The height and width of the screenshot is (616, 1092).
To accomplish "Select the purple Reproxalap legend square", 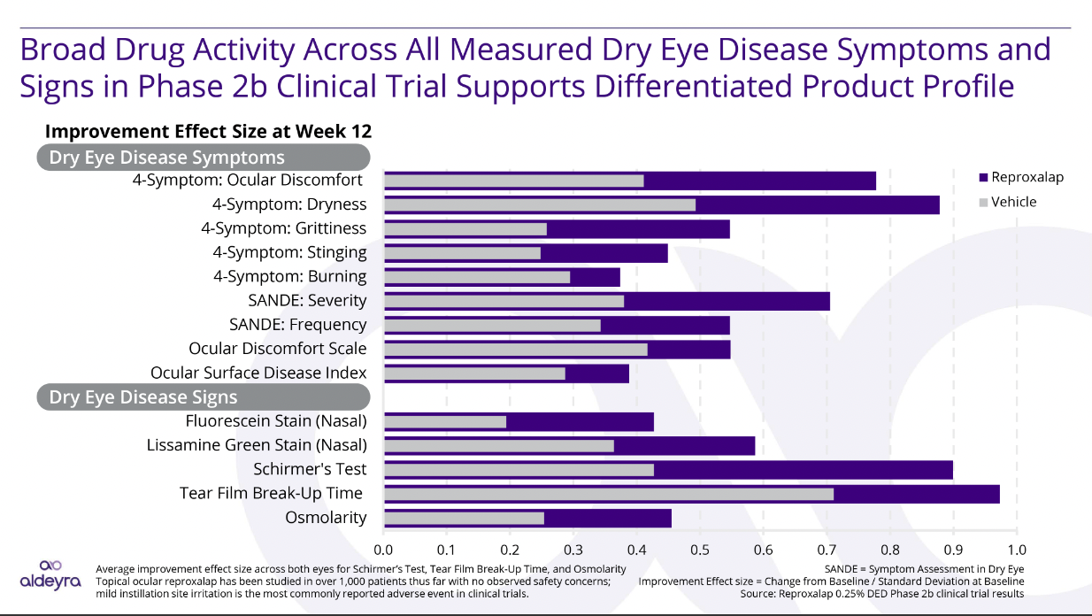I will [982, 178].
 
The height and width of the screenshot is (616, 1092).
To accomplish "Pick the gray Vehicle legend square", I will [982, 203].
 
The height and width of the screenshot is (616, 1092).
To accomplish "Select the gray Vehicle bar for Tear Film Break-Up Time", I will [608, 494].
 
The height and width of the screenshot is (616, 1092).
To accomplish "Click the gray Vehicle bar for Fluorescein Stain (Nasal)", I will [444, 422].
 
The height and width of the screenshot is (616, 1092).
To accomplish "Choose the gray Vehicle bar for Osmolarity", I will [464, 518].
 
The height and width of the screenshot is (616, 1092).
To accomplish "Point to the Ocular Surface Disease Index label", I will [258, 373].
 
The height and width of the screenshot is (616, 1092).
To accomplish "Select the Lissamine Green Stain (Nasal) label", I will [257, 445].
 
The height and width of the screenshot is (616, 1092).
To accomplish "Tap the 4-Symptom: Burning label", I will [289, 276].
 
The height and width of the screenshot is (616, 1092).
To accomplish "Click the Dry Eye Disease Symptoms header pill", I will [203, 158].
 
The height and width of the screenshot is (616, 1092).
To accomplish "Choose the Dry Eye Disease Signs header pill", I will [203, 397].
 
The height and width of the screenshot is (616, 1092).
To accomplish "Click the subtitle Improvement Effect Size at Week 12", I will [208, 131].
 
